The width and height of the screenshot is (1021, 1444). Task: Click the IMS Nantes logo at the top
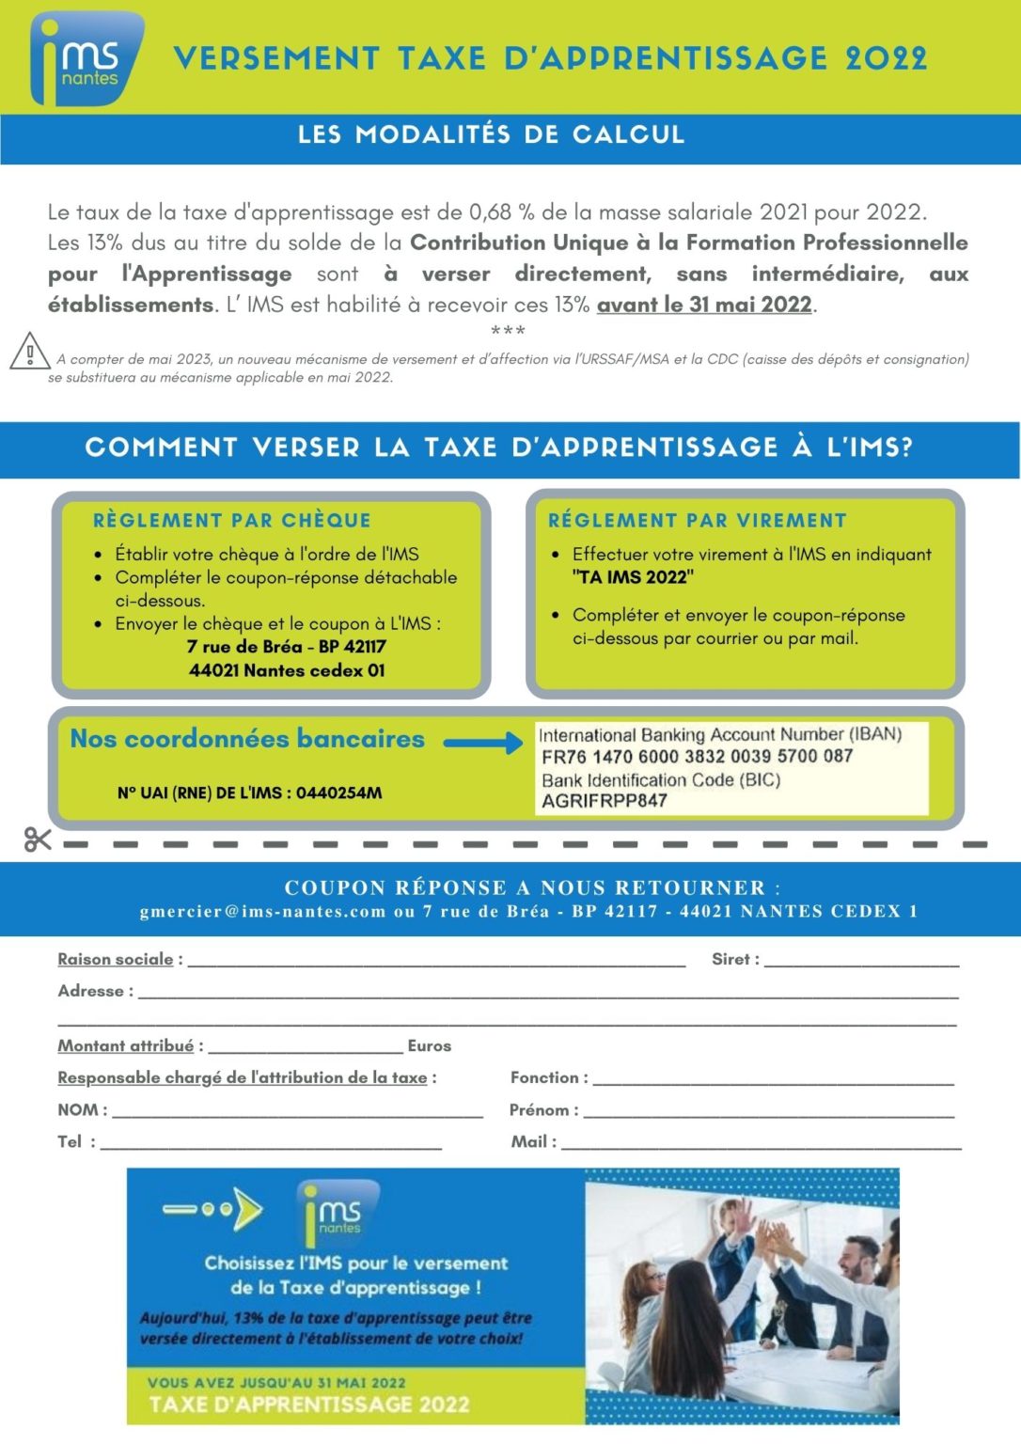pyautogui.click(x=86, y=58)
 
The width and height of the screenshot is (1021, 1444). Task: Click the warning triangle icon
pyautogui.click(x=29, y=352)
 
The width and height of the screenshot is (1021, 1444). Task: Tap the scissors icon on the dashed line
pyautogui.click(x=38, y=839)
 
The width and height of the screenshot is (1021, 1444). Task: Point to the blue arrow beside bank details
pyautogui.click(x=482, y=743)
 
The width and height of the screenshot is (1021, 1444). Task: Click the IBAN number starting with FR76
pyautogui.click(x=697, y=757)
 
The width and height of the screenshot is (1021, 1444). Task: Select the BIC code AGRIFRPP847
pyautogui.click(x=604, y=801)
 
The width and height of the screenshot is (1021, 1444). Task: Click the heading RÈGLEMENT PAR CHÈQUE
pyautogui.click(x=231, y=521)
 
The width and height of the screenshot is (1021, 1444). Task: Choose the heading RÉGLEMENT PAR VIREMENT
pyautogui.click(x=697, y=521)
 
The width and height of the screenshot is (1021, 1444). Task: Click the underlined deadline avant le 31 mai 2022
pyautogui.click(x=704, y=305)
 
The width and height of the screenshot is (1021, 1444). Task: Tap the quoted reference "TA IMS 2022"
pyautogui.click(x=633, y=577)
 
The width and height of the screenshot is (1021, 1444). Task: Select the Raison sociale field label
pyautogui.click(x=116, y=959)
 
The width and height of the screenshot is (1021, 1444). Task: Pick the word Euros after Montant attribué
pyautogui.click(x=430, y=1045)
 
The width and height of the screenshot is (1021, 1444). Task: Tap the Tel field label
pyautogui.click(x=71, y=1141)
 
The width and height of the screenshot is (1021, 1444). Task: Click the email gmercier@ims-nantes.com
pyautogui.click(x=262, y=911)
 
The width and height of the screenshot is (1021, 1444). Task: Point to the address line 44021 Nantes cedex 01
pyautogui.click(x=287, y=670)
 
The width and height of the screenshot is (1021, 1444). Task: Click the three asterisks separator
pyautogui.click(x=508, y=331)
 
